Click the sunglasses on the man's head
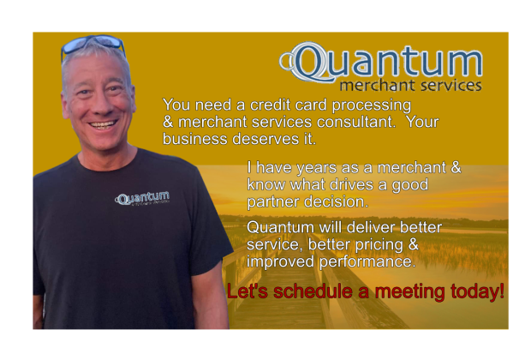click(x=92, y=45)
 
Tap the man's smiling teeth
click(x=103, y=125)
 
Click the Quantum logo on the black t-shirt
click(x=142, y=198)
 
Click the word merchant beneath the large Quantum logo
click(x=373, y=86)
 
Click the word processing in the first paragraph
click(x=372, y=105)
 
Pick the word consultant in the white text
click(x=356, y=122)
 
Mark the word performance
click(x=367, y=261)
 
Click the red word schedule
click(x=313, y=291)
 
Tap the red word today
click(x=477, y=291)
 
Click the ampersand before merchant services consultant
click(x=168, y=122)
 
